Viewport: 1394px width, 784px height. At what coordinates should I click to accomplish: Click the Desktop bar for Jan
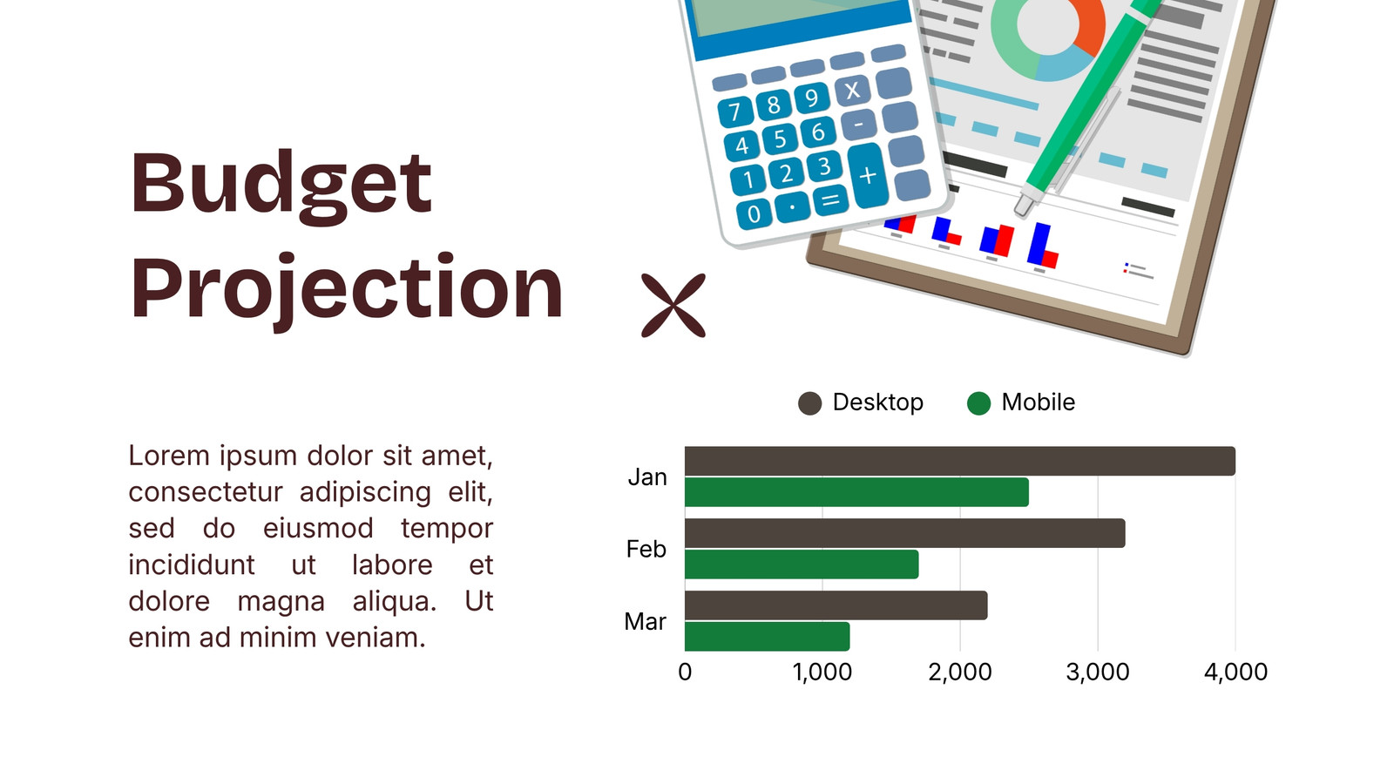[959, 461]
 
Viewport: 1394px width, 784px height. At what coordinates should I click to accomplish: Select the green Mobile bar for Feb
[802, 564]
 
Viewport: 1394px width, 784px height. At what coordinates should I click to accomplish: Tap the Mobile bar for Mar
[768, 637]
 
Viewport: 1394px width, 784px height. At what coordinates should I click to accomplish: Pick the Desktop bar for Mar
[836, 605]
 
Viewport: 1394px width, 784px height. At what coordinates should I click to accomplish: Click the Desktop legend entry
[861, 402]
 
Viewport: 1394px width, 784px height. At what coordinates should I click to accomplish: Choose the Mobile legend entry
[1021, 402]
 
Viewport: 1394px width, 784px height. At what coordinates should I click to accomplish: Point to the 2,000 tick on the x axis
[959, 672]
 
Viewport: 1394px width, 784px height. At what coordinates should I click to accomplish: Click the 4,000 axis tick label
[1236, 672]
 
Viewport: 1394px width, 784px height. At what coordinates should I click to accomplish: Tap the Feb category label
[646, 550]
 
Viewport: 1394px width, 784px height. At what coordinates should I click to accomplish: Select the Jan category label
[647, 477]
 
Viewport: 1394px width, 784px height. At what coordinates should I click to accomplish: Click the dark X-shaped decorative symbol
[673, 306]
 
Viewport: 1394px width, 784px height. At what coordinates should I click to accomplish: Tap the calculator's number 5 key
[779, 139]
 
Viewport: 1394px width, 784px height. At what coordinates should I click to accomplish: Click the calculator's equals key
[830, 200]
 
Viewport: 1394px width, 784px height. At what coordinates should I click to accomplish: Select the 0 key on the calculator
[754, 214]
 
